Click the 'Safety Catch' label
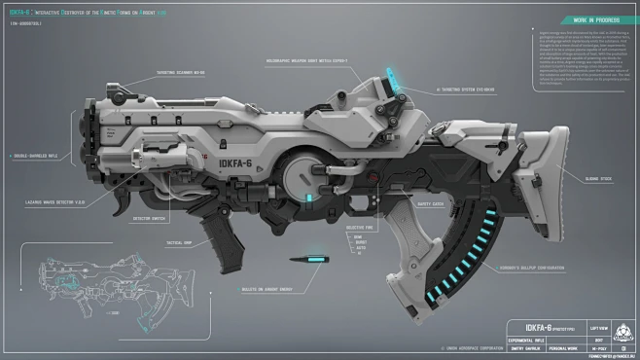coord(430,203)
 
